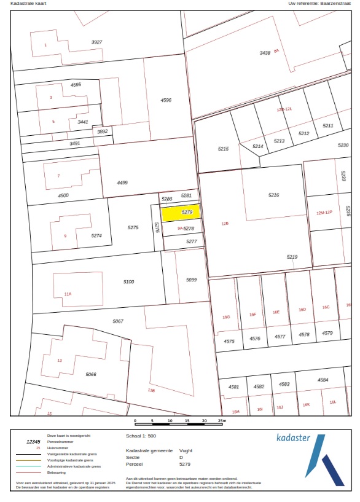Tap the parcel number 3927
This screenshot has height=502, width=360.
pos(96,42)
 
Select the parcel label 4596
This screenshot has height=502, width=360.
pos(166,100)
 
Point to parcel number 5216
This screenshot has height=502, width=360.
pos(273,195)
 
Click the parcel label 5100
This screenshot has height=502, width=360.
pos(128,281)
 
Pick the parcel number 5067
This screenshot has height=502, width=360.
pos(118,321)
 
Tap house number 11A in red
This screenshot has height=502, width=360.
pos(68,294)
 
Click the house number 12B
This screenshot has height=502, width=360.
pos(225,224)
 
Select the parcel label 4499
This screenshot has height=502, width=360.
pos(122,182)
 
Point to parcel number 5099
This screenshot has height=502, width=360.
pos(191,280)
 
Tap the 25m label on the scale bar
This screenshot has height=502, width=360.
pos(222,421)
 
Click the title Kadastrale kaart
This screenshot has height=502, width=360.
pos(28,4)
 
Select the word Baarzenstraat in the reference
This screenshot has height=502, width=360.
pos(335,4)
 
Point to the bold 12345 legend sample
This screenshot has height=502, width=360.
pos(33,441)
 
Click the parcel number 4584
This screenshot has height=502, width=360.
pos(323,380)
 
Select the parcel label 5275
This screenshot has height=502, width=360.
pos(133,227)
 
